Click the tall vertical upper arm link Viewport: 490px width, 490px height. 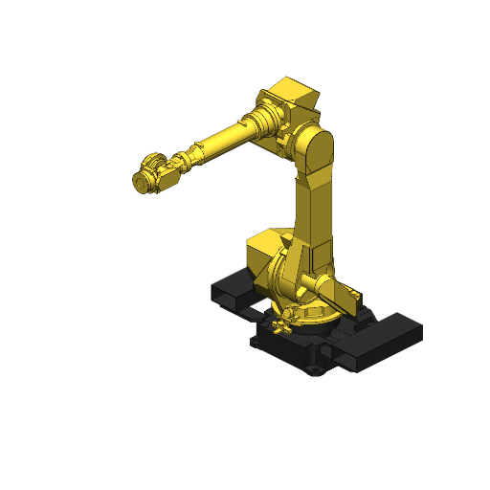pyautogui.click(x=317, y=211)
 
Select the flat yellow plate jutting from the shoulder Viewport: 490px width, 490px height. pyautogui.click(x=335, y=286)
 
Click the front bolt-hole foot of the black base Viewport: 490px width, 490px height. pyautogui.click(x=314, y=369)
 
